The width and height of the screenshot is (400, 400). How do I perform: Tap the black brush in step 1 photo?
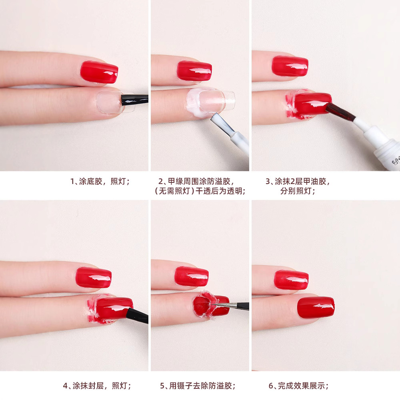tap(134, 97)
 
